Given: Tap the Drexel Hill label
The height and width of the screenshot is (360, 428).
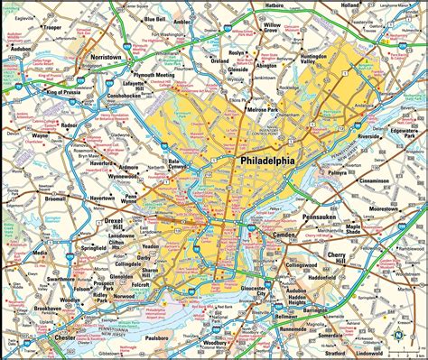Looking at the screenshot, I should (x=120, y=219).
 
